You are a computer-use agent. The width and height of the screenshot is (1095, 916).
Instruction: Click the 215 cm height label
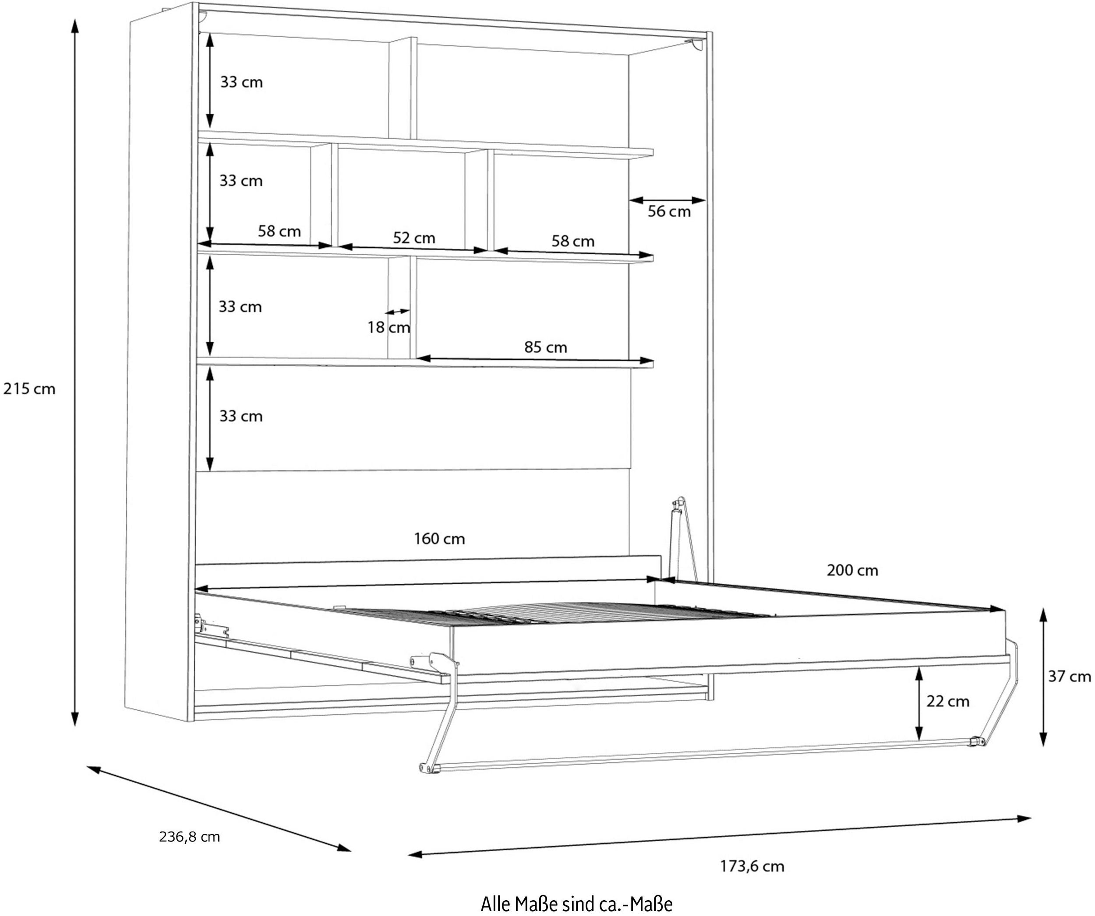click(29, 389)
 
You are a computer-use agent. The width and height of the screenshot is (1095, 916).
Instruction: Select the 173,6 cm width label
click(752, 866)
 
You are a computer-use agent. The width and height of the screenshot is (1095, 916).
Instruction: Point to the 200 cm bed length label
click(852, 571)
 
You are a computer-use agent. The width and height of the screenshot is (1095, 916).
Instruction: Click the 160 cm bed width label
click(439, 539)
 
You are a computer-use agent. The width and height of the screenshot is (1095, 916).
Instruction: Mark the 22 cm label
click(947, 701)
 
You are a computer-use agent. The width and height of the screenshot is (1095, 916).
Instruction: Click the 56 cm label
click(669, 211)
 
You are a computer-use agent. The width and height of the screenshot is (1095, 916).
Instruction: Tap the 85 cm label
click(545, 347)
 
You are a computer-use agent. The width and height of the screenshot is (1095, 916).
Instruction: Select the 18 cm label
click(389, 327)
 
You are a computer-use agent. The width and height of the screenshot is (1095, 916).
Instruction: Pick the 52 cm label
click(413, 238)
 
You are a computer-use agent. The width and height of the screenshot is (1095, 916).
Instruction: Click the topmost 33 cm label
click(241, 82)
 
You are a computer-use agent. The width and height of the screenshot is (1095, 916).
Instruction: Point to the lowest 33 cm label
click(240, 416)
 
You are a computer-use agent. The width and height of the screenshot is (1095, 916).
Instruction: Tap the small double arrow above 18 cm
click(398, 312)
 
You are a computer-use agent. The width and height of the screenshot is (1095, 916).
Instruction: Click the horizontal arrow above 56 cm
click(668, 200)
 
